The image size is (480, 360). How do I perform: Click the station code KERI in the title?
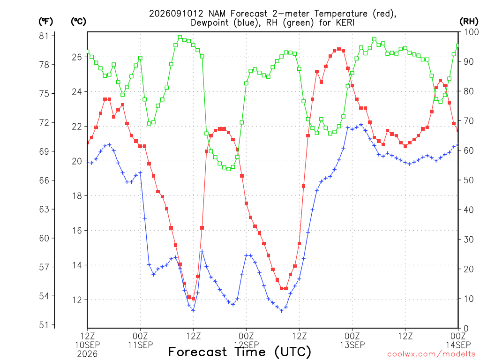345,22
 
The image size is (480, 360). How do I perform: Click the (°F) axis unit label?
45,22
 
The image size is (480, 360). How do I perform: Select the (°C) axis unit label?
78,22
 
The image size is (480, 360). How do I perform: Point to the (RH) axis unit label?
469,22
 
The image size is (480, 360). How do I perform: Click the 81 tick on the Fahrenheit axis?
44,36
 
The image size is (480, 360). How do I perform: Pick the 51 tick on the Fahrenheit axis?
44,325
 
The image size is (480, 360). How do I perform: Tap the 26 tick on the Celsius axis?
77,57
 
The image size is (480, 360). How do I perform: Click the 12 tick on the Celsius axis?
77,300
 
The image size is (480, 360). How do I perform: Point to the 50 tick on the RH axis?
469,180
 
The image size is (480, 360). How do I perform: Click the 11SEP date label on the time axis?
140,345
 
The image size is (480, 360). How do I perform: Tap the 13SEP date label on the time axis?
352,345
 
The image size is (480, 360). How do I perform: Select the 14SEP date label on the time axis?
458,345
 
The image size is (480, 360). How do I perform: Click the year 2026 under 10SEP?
87,354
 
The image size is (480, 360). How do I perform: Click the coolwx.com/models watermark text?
433,354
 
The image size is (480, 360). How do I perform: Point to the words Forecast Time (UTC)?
240,352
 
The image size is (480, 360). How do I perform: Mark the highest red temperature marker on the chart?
339,49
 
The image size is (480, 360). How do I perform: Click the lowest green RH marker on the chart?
228,169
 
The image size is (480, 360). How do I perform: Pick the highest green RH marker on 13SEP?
374,39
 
